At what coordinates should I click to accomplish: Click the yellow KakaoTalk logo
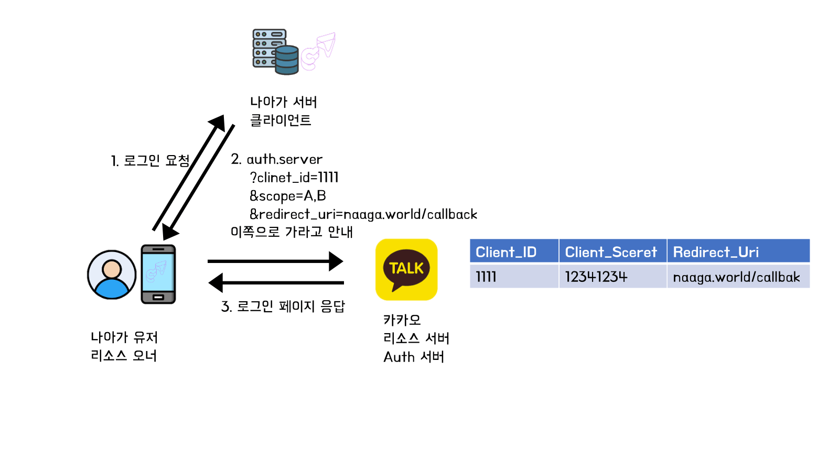pos(406,269)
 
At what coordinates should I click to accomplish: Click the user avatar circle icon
pos(112,275)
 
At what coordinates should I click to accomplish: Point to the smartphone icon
pos(158,274)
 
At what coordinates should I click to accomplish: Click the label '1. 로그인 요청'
pos(150,160)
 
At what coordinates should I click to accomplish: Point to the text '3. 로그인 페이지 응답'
pos(283,306)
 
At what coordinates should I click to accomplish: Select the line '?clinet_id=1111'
pos(294,178)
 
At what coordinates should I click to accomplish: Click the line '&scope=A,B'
pos(288,196)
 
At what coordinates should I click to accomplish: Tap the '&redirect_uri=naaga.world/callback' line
pos(363,214)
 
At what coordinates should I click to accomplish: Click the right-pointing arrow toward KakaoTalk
pos(275,261)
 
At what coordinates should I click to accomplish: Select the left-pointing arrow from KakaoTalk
pos(276,283)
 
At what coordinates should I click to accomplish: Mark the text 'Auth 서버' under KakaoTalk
pos(414,357)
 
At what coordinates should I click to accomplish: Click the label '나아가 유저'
pos(124,337)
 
